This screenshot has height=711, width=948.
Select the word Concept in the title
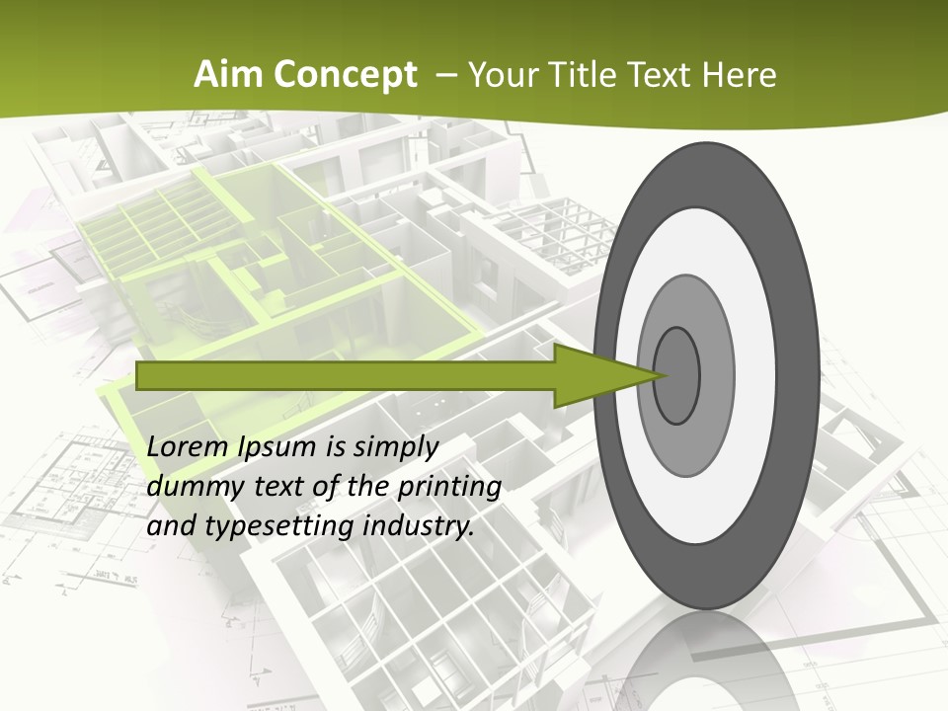pyautogui.click(x=344, y=75)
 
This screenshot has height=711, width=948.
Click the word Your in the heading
pyautogui.click(x=503, y=75)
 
